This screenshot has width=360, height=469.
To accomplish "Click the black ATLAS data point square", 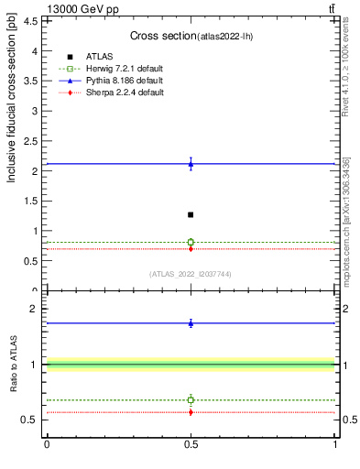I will tap(191, 214).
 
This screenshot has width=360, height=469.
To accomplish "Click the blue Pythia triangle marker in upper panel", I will tap(191, 164).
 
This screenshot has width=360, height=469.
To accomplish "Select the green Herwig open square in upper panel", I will tap(191, 242).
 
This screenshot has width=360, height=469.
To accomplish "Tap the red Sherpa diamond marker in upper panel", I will tap(191, 248).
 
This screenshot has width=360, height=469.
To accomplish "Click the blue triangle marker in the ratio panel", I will tap(191, 322).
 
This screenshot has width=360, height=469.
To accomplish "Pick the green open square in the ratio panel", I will tap(191, 399).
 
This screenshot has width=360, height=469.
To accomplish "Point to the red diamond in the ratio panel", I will tap(191, 412).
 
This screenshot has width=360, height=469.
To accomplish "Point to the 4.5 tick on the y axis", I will tap(30, 22).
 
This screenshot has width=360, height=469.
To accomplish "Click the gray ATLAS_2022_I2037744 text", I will tap(191, 274).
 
